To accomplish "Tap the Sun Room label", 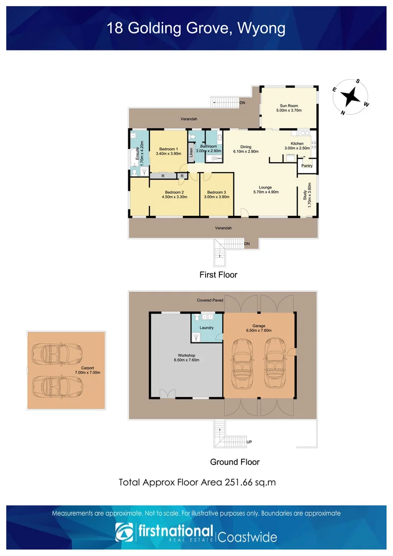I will (x=288, y=106).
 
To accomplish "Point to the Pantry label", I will (x=307, y=166).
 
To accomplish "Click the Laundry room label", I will (x=206, y=327).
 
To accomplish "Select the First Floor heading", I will (x=218, y=275).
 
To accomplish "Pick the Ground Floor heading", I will (x=235, y=462).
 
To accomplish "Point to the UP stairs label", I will (x=249, y=442).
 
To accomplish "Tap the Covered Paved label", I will (x=210, y=300).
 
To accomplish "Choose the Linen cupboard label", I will (x=192, y=152).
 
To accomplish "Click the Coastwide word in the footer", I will (x=247, y=537).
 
